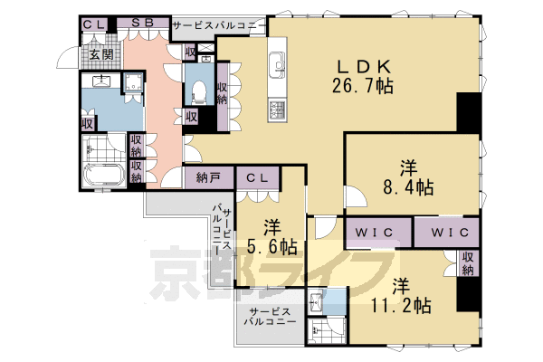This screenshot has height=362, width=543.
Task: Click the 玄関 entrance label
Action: click(x=99, y=55)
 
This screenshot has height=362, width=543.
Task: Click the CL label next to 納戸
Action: click(x=257, y=177)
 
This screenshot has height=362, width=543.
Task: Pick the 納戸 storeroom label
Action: click(x=208, y=177)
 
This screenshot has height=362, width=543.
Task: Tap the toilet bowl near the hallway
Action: click(x=199, y=91)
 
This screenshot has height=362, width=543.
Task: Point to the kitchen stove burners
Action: click(x=276, y=110)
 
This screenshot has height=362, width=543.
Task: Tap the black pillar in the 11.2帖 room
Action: click(x=469, y=298)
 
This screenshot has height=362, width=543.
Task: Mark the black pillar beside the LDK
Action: click(x=471, y=112)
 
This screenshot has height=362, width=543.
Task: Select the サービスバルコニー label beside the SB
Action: click(x=218, y=24)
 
